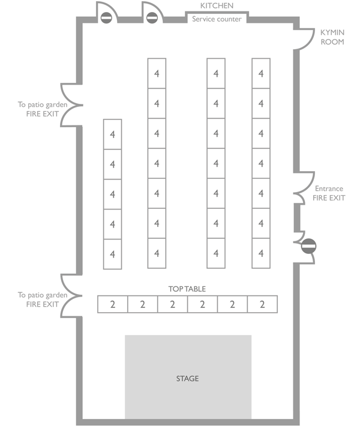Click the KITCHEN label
[x=217, y=5]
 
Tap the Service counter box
[x=217, y=19]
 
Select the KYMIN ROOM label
[x=332, y=37]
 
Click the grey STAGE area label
[x=187, y=378]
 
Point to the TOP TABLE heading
[x=187, y=289]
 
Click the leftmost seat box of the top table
[x=113, y=304]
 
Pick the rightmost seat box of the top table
[x=262, y=304]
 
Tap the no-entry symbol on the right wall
[x=308, y=246]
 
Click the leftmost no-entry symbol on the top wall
[x=106, y=18]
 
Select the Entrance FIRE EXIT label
[x=329, y=193]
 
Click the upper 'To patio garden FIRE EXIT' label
[x=39, y=109]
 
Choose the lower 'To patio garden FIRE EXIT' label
[x=39, y=299]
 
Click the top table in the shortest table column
[x=112, y=134]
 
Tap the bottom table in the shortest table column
[x=112, y=254]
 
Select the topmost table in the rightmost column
[x=260, y=73]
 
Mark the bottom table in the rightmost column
[x=260, y=253]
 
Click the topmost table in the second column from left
[x=157, y=73]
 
